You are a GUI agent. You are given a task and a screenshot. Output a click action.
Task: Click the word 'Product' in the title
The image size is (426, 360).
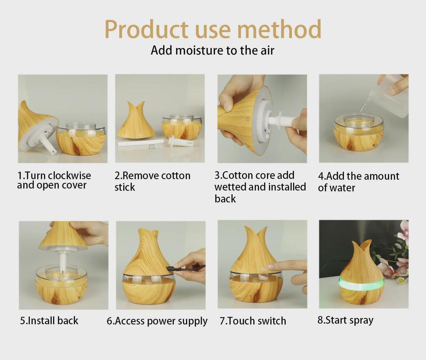pos(146,29)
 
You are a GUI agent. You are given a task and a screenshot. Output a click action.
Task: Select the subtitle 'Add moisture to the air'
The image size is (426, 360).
pos(213,50)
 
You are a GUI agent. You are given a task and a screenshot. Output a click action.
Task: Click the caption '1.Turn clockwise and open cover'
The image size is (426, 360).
pos(54,180)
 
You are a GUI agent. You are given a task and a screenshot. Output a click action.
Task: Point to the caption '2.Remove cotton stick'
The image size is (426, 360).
pos(152,181)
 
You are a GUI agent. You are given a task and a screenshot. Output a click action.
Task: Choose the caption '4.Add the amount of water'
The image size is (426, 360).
pos(358,181)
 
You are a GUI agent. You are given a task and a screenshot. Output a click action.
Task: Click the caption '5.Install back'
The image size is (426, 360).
pos(49,320)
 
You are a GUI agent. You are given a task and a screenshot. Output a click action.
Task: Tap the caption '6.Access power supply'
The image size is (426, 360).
pos(157,321)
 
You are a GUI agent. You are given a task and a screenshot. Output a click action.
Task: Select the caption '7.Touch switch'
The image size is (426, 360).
pos(253,321)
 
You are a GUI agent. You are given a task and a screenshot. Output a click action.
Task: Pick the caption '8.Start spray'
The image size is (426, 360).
pos(345,320)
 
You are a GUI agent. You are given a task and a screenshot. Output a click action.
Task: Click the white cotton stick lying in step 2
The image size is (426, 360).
pos(133,143)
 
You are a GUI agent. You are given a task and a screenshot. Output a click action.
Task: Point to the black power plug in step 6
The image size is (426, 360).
pos(172,268)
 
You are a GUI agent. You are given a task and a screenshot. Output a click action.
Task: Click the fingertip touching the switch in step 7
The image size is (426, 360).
pos(271,266)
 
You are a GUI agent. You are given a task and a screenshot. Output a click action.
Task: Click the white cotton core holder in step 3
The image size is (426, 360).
pos(279,121)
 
